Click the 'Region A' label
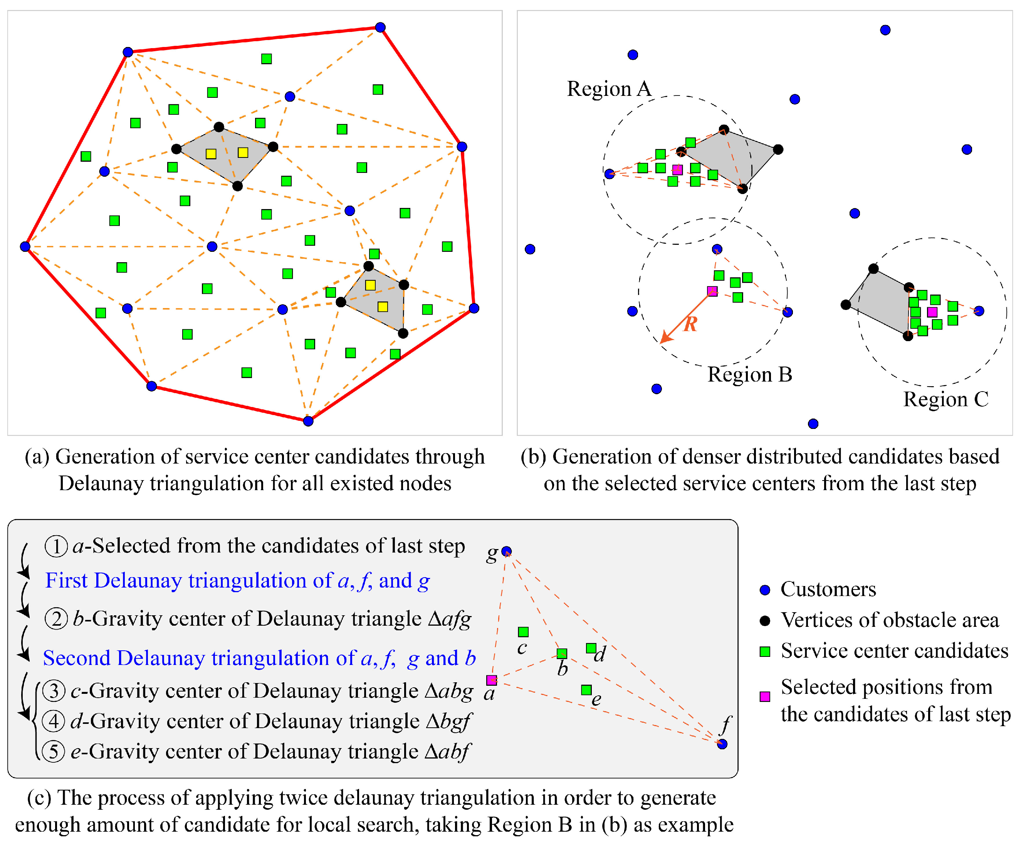click(x=609, y=89)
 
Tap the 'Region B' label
click(x=750, y=375)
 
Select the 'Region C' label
click(x=945, y=399)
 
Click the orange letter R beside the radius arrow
click(x=690, y=324)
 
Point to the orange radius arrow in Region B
click(x=687, y=316)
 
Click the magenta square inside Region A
click(x=677, y=169)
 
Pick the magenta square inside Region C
click(x=932, y=312)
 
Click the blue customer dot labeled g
click(x=506, y=551)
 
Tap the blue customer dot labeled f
click(x=722, y=744)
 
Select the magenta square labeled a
click(x=492, y=680)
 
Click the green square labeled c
click(x=523, y=632)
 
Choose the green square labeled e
click(x=586, y=690)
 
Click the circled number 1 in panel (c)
click(x=56, y=546)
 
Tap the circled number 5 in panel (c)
click(x=54, y=751)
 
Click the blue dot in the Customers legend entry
click(x=765, y=590)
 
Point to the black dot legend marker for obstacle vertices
click(x=765, y=621)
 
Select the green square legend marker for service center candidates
click(x=765, y=651)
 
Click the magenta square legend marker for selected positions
click(x=765, y=697)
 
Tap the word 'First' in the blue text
click(x=67, y=581)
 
